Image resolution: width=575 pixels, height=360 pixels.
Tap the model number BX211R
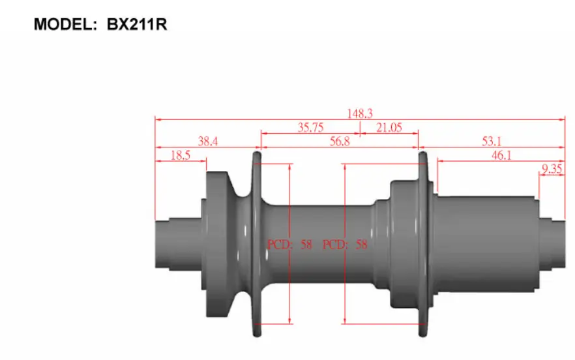tap(137, 25)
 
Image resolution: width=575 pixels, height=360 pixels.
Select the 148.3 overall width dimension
tap(360, 113)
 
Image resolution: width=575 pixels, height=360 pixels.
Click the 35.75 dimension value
tap(310, 127)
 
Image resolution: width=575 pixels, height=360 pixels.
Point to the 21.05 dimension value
tap(389, 127)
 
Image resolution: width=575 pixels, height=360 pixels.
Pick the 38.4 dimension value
tap(208, 142)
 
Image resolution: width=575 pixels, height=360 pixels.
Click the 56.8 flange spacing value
tap(340, 142)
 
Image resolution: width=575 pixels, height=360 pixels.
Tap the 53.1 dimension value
tap(492, 142)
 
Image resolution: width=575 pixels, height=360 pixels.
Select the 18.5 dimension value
tap(181, 155)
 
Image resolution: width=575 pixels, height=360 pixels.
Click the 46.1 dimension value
tap(501, 155)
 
